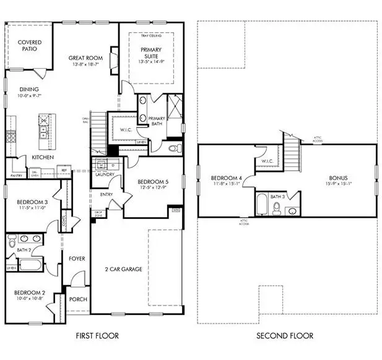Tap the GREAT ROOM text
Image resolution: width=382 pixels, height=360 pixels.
click(x=85, y=58)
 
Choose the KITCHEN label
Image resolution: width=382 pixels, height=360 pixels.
click(x=43, y=157)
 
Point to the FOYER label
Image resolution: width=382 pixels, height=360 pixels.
click(x=77, y=258)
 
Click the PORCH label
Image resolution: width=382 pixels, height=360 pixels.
click(x=78, y=299)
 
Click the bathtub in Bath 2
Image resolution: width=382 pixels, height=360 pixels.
click(x=30, y=265)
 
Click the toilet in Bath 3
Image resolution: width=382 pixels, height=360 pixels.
click(x=277, y=208)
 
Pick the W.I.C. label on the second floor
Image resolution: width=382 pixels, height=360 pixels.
click(x=267, y=162)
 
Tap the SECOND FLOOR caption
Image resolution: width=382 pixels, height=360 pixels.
click(x=286, y=336)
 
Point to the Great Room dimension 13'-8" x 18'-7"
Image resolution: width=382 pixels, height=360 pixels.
click(x=85, y=64)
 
